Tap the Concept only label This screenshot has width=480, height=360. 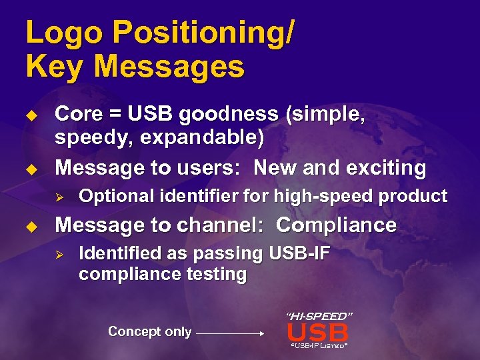[149, 331]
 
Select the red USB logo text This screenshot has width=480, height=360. [317, 332]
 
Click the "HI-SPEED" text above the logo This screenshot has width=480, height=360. [319, 315]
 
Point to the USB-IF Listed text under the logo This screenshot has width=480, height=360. [318, 345]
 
